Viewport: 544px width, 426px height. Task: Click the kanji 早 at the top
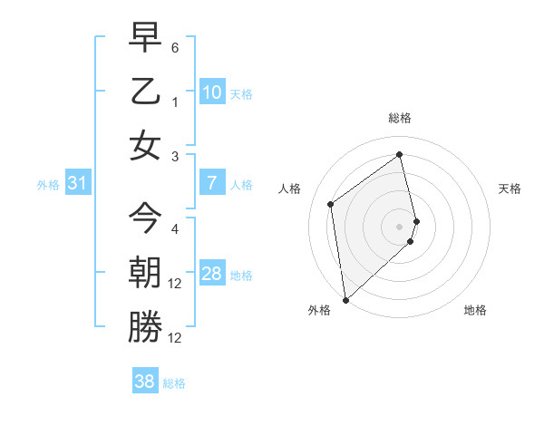[145, 39]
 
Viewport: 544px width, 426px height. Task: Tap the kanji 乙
[145, 92]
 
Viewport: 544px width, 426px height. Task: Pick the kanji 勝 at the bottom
[145, 326]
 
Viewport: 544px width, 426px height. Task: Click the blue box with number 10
[212, 92]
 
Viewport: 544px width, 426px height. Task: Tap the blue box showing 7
[212, 183]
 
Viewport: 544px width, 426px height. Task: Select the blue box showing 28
[212, 275]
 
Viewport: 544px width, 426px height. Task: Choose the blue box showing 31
[78, 184]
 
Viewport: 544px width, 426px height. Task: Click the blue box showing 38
[145, 382]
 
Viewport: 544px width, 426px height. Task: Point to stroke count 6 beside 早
[175, 46]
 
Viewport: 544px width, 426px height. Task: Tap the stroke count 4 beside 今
[175, 229]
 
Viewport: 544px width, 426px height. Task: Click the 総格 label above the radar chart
[400, 118]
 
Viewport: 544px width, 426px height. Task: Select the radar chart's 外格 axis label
[319, 310]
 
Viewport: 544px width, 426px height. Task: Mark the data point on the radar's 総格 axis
[400, 153]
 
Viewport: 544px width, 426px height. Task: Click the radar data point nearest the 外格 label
[345, 298]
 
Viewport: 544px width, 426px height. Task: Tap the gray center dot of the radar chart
[400, 226]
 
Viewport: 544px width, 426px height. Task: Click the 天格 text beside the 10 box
[241, 94]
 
